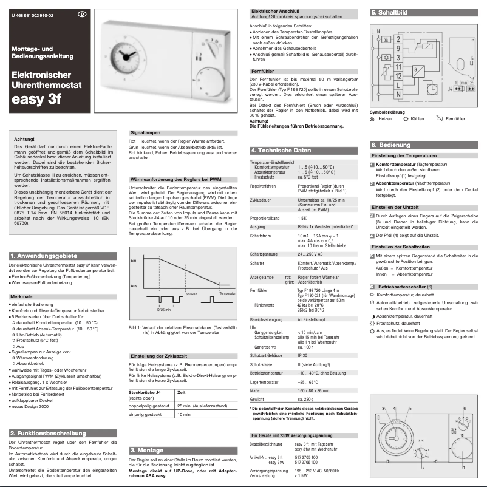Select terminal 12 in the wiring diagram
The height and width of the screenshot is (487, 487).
(397, 77)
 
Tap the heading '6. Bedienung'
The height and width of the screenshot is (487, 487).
(390, 145)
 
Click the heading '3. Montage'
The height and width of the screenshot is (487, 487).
(148, 450)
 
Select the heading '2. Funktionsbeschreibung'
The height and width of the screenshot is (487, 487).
(49, 433)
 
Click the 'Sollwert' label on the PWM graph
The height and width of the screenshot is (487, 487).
(192, 293)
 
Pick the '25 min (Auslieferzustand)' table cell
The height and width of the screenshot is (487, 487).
(203, 404)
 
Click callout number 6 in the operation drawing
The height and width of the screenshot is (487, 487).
(463, 409)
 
